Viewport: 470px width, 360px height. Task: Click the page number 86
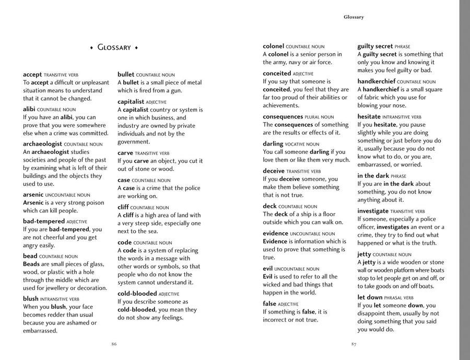tap(114, 344)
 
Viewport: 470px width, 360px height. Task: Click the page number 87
tap(354, 344)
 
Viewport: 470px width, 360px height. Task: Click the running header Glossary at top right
tap(354, 17)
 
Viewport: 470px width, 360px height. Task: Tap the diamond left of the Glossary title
tap(91, 48)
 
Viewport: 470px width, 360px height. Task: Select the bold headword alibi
tap(29, 110)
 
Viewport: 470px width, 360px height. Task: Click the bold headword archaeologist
tap(42, 144)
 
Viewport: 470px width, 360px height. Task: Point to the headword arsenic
tap(33, 195)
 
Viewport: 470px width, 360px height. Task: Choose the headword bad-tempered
tap(43, 221)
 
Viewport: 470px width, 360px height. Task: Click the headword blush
tap(31, 299)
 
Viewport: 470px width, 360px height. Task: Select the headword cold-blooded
tap(137, 293)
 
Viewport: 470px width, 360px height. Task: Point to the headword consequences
tap(283, 117)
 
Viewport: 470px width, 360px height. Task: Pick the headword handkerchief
tap(376, 81)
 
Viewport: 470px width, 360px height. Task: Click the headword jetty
tap(364, 254)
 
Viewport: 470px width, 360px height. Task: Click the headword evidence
tap(275, 233)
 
